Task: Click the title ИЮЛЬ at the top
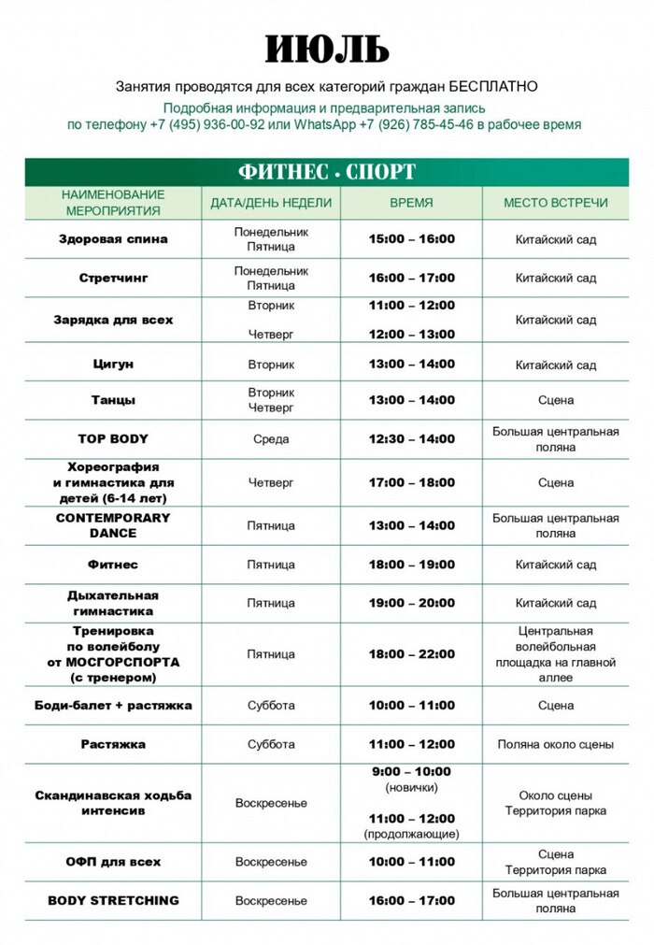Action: pyautogui.click(x=326, y=49)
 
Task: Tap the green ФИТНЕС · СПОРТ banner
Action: pyautogui.click(x=327, y=172)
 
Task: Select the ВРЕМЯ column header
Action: pyautogui.click(x=411, y=202)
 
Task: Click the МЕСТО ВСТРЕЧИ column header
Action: pyautogui.click(x=555, y=202)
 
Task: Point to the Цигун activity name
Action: pyautogui.click(x=113, y=364)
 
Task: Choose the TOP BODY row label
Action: pyautogui.click(x=113, y=438)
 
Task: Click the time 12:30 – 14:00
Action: pyautogui.click(x=412, y=438)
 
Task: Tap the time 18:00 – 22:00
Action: pyautogui.click(x=412, y=654)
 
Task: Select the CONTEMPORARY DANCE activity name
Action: pyautogui.click(x=113, y=525)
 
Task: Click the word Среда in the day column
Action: pyautogui.click(x=271, y=438)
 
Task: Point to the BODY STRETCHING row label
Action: pyautogui.click(x=113, y=900)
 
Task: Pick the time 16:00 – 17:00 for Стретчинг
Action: pyautogui.click(x=412, y=278)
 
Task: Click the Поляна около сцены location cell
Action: pyautogui.click(x=555, y=745)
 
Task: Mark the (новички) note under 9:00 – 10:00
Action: pyautogui.click(x=411, y=788)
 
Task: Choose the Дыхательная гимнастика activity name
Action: pyautogui.click(x=113, y=603)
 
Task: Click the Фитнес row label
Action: pyautogui.click(x=113, y=565)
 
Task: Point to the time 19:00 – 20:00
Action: pyautogui.click(x=412, y=603)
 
